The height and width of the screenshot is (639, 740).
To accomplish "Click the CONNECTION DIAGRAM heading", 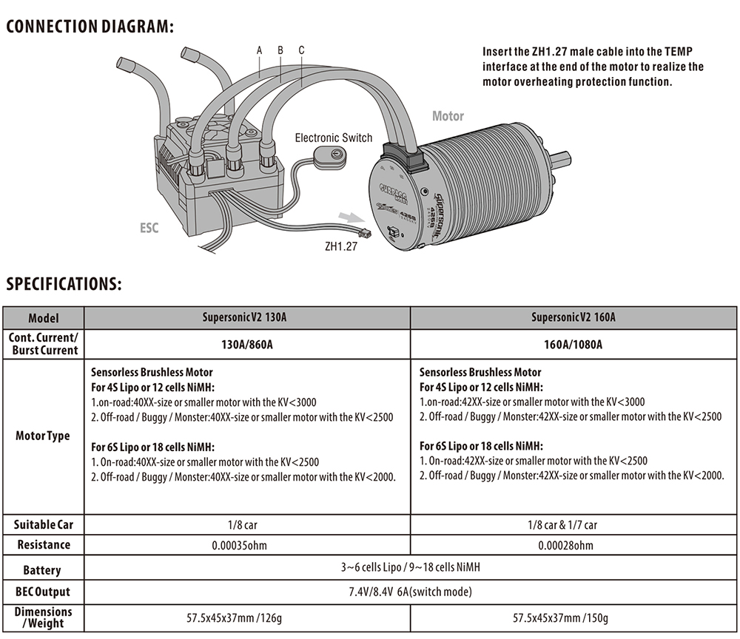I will (90, 27).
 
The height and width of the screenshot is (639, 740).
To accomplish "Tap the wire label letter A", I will (260, 50).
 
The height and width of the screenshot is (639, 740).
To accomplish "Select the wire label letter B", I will (280, 50).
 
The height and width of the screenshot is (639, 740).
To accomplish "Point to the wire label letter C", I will (302, 50).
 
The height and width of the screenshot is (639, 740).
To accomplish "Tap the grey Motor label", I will (448, 116).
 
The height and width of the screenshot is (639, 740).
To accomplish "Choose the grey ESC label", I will (149, 228).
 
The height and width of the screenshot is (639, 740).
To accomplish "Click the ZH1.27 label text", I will (341, 247).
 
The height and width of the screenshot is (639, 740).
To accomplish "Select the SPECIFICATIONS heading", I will (64, 284).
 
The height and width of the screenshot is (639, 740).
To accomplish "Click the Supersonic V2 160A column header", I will (573, 318).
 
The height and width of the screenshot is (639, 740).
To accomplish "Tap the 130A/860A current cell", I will (246, 345).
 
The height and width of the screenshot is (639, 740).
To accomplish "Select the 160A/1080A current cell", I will (573, 345).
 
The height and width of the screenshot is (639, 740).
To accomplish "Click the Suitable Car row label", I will (43, 525).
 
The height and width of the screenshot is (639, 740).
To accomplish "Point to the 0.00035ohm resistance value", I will (246, 545).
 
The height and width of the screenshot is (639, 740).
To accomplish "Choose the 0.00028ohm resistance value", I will (573, 545).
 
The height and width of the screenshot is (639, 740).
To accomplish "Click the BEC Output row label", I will (43, 592).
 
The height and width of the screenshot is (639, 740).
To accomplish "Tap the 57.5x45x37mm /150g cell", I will (573, 617).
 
